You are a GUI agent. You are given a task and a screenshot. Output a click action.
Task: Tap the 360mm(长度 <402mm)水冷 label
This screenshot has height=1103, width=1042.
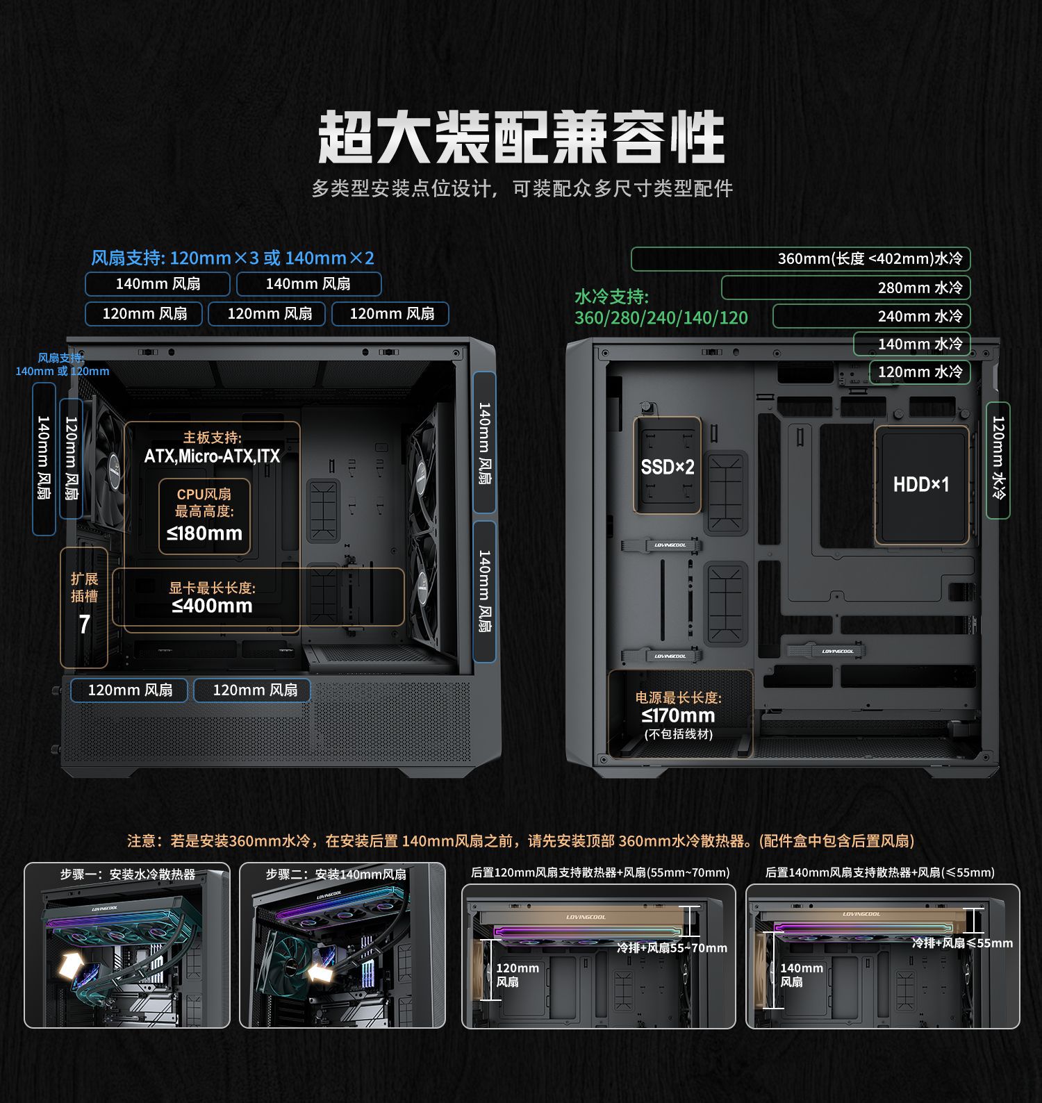coord(870,259)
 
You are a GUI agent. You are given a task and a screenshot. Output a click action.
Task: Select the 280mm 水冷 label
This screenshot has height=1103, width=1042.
coord(919,288)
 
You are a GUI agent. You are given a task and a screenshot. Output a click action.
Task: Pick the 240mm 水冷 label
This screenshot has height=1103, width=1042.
coord(919,316)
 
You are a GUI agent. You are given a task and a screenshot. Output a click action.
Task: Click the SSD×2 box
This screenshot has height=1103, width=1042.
coord(667,467)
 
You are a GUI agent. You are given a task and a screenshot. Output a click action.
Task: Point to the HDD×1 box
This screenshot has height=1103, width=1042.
coord(921,484)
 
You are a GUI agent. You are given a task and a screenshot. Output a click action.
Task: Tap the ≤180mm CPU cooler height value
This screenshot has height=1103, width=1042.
coord(204,533)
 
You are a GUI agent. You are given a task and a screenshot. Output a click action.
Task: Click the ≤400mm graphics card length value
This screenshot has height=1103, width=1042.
coord(212,606)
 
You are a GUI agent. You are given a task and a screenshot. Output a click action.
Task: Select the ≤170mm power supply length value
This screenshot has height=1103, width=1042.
coord(678,715)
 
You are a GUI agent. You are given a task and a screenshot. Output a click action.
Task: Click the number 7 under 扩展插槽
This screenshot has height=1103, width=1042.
coord(84,624)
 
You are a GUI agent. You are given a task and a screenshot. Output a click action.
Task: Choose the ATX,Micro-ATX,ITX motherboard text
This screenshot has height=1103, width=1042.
coord(212,456)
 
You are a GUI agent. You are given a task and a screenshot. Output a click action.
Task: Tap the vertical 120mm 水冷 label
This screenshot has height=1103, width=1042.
coord(998,459)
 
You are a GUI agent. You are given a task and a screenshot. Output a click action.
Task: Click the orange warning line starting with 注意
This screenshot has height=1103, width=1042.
coord(520,841)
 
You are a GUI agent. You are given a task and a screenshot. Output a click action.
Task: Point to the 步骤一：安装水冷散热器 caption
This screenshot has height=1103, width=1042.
coord(128,874)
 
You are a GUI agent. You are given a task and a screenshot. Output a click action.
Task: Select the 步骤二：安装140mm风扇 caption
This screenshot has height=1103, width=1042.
coord(336,874)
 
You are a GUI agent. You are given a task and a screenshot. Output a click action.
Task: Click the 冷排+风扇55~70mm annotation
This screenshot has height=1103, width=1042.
coord(672,948)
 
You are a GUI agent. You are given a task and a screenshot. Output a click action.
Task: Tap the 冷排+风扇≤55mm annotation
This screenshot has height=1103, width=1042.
coord(962,943)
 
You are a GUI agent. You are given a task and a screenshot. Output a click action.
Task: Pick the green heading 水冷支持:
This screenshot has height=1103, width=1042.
coord(611,297)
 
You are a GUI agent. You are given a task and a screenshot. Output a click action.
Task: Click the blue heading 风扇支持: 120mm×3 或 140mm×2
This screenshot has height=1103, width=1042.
coord(233,258)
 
